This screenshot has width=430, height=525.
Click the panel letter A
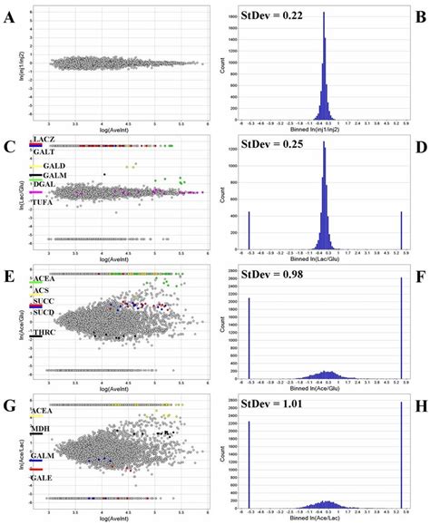pyautogui.click(x=8, y=15)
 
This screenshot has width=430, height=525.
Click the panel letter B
pyautogui.click(x=421, y=15)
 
